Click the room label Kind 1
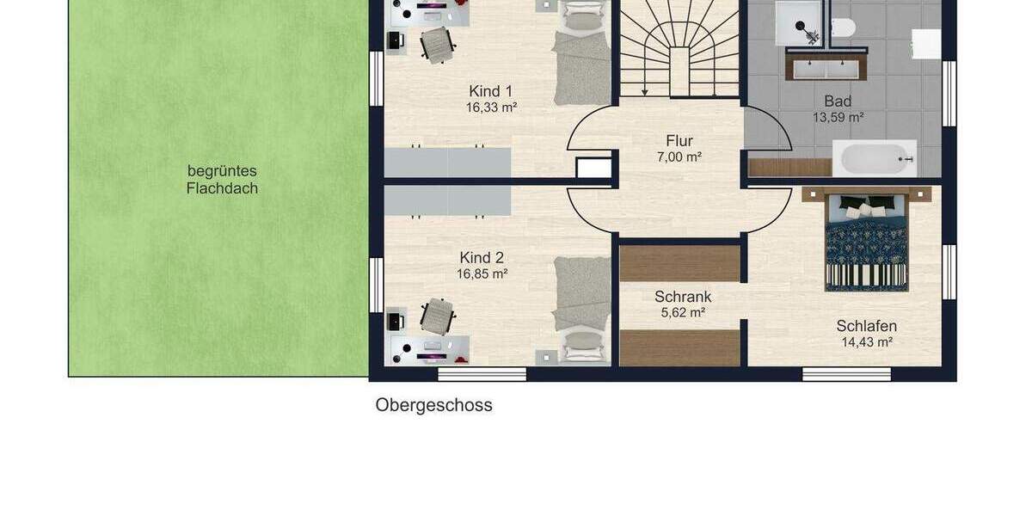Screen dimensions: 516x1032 coord(490,91)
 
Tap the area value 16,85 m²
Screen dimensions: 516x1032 coord(482,274)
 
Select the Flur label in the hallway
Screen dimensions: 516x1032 coord(679,141)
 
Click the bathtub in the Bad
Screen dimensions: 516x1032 coord(874,159)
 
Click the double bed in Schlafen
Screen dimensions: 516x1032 coord(866,240)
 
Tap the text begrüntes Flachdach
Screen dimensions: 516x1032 coord(222,180)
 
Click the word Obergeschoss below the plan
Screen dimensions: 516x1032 coord(433,405)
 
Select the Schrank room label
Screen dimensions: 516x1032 coord(683,297)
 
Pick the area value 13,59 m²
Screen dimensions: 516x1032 coord(837,118)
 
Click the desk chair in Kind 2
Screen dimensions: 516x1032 coord(437,316)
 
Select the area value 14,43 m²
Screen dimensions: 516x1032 coord(866,342)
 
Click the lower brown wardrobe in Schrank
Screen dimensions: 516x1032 coord(679,347)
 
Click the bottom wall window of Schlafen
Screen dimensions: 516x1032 coord(846,374)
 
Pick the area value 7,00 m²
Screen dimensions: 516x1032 coord(679,157)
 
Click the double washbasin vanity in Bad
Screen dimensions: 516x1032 coord(825,66)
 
